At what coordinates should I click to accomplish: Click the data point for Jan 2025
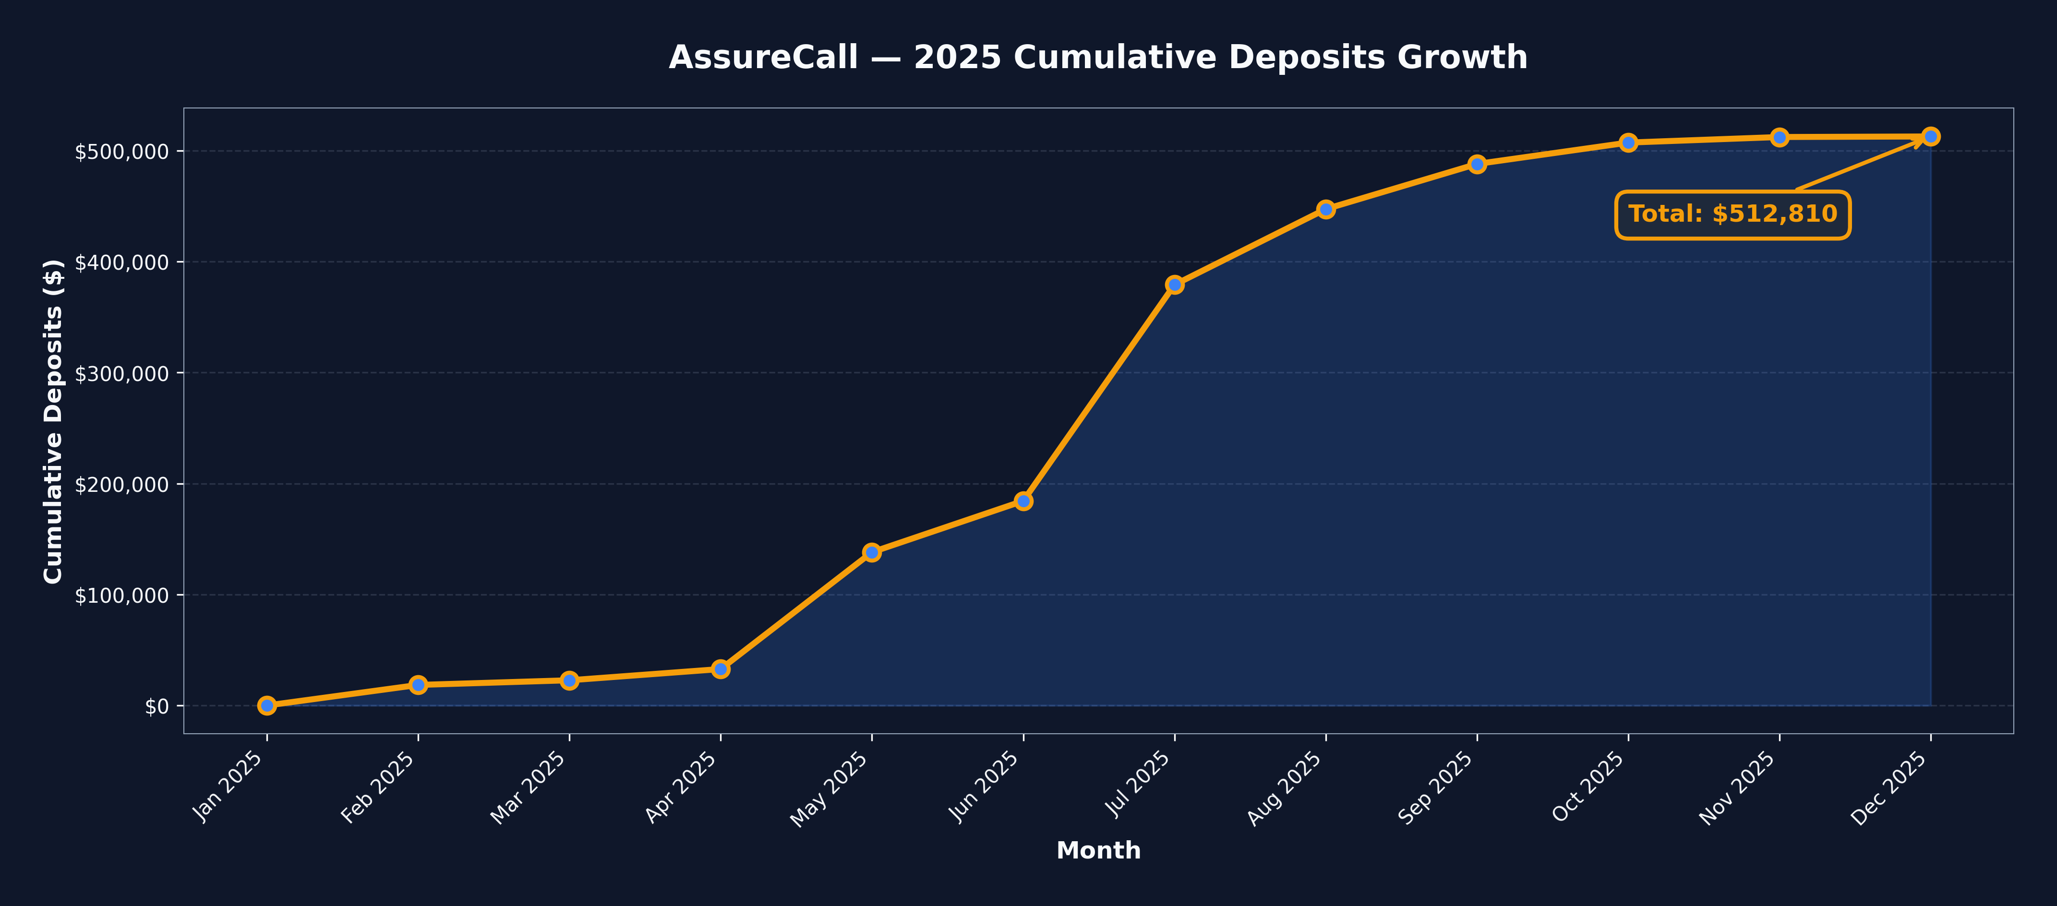[x=267, y=705]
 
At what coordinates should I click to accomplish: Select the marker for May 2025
[x=872, y=552]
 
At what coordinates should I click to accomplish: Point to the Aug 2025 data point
[x=1326, y=209]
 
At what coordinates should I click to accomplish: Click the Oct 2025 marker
[x=1628, y=143]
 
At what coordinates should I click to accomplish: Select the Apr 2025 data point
[x=720, y=669]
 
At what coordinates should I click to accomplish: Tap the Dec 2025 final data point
[x=1931, y=136]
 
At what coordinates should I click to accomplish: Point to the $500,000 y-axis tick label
[x=121, y=152]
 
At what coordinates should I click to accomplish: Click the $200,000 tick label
[x=121, y=485]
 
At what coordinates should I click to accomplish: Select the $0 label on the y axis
[x=156, y=706]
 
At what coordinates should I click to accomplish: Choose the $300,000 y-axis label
[x=121, y=373]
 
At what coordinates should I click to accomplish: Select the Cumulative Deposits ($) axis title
[x=53, y=421]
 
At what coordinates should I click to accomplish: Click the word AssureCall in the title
[x=763, y=58]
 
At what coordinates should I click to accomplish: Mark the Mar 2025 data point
[x=569, y=680]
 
